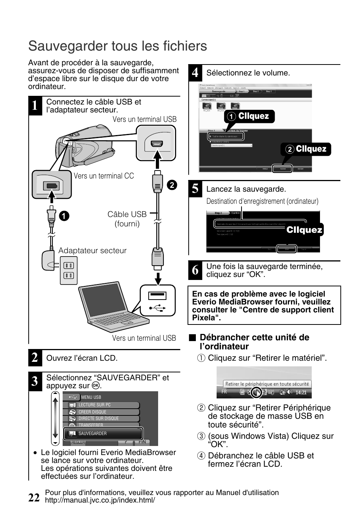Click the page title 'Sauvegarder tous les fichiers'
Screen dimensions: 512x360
pos(117,46)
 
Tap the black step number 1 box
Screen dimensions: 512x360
pos(35,106)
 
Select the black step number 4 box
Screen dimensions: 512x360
pos(195,72)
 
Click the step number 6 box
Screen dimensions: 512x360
pos(195,270)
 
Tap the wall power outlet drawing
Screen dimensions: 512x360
pos(69,270)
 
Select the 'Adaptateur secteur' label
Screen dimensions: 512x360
pos(92,251)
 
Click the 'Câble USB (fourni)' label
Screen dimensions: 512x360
pos(127,219)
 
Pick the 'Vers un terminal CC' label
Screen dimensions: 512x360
pos(104,176)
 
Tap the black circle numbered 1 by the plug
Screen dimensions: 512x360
pos(64,216)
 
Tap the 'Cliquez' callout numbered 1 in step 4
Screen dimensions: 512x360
pos(249,116)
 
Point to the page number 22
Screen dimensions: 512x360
pos(34,497)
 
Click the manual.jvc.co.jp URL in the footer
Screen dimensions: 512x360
pos(100,500)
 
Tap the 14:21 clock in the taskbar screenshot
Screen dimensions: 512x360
pos(301,392)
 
